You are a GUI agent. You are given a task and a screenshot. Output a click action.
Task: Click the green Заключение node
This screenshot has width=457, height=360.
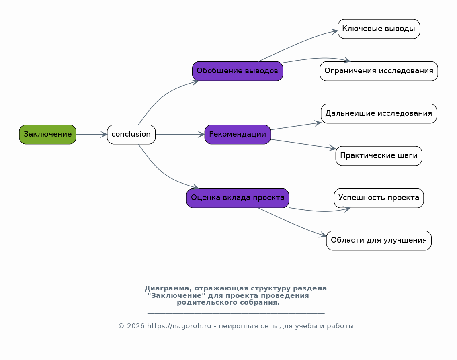point(47,134)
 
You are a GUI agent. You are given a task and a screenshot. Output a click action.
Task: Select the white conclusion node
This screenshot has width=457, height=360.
point(131,134)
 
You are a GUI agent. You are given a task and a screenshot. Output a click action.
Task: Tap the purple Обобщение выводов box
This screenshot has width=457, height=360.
point(238,71)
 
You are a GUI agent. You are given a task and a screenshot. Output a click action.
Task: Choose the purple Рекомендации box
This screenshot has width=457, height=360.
point(238,134)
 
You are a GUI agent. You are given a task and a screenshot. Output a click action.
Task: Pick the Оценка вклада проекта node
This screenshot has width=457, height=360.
point(238,198)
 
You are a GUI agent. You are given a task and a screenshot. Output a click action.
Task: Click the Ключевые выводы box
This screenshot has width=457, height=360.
point(379,29)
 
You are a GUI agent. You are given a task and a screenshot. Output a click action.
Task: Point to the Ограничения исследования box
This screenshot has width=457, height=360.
point(379,71)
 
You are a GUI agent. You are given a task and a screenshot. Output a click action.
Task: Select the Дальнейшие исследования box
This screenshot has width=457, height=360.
point(379,113)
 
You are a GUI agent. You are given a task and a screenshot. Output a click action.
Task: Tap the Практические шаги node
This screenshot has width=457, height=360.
point(379,156)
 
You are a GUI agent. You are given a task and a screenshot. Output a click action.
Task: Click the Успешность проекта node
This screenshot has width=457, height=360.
point(379,198)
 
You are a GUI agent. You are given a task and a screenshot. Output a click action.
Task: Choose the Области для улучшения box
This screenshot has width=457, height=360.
point(379,240)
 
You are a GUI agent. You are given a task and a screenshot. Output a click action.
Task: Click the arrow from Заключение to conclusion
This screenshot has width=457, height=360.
point(92,134)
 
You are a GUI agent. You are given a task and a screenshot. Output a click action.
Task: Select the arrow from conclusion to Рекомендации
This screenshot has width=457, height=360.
point(180,134)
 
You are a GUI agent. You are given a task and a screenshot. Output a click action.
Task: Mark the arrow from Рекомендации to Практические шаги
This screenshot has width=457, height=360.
point(303,144)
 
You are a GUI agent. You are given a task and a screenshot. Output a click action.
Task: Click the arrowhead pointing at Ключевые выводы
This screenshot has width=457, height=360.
point(334,31)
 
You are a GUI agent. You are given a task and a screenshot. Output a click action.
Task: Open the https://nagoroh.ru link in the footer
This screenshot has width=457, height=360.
point(179,326)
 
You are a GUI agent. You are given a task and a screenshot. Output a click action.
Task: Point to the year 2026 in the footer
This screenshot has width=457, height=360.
point(135,326)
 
